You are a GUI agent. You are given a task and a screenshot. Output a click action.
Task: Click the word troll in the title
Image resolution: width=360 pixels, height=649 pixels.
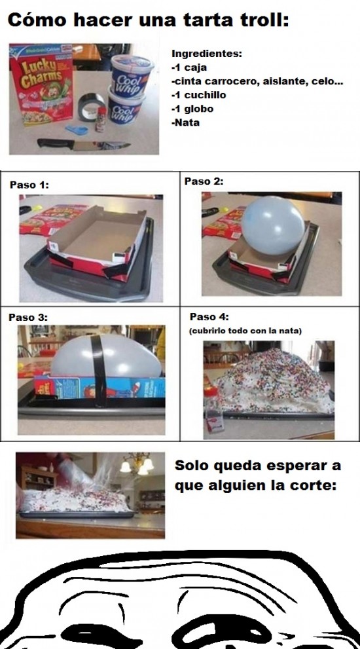259,20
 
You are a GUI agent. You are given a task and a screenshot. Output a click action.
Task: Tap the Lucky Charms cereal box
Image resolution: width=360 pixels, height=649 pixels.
41,85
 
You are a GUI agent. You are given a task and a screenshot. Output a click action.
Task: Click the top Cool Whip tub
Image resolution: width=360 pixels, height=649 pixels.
132,75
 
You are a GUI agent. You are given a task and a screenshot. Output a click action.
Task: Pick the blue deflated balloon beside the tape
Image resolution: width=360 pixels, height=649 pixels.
77,130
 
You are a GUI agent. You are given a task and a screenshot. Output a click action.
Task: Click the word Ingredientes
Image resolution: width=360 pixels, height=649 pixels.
206,54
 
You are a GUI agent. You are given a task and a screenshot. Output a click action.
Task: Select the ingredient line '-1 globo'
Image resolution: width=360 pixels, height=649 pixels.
192,109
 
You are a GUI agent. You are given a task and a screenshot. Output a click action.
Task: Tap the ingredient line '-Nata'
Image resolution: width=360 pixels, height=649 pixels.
185,122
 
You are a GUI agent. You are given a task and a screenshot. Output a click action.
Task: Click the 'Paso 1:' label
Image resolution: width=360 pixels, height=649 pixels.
29,185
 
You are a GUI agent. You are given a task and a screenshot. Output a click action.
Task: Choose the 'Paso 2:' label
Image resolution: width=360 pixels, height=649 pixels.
204,181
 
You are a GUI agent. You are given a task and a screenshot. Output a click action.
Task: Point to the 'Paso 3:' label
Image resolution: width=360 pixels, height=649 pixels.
28,318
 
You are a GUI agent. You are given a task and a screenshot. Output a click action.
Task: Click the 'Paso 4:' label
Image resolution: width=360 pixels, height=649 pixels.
209,316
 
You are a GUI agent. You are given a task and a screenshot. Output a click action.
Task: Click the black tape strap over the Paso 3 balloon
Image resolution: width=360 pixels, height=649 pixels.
98,371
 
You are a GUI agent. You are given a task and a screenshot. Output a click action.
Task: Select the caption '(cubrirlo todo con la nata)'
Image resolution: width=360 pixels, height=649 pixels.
246,331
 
